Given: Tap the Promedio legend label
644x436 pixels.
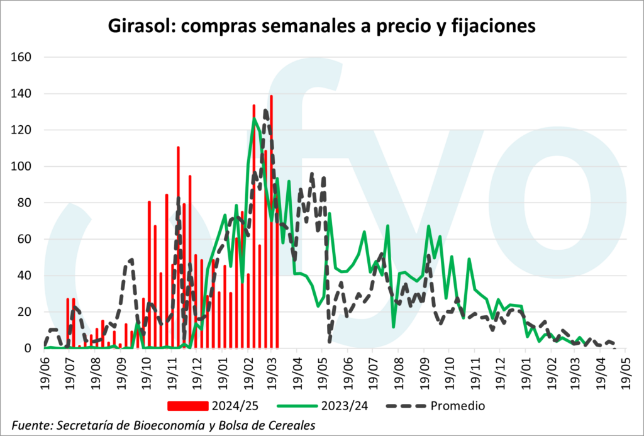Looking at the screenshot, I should click(x=458, y=405).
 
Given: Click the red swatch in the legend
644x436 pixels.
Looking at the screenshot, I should click(x=187, y=405).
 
